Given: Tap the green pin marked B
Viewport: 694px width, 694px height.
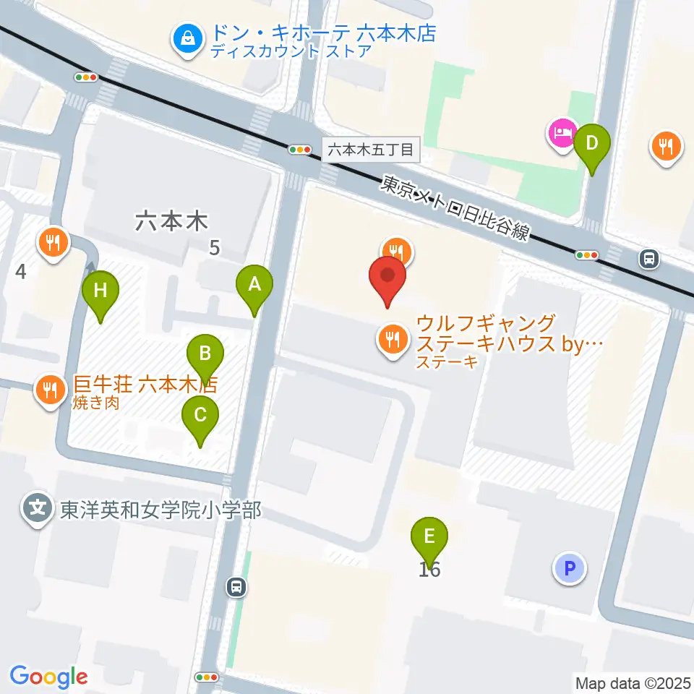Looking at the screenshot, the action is click(205, 354).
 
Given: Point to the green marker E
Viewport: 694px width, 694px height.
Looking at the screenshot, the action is click(429, 537).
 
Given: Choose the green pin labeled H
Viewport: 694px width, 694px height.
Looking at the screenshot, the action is click(100, 291).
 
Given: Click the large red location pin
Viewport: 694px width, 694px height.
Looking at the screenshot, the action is click(388, 277).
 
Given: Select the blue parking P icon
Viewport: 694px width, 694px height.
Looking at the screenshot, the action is click(569, 567).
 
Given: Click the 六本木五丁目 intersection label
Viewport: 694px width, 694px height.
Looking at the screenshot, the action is click(371, 150).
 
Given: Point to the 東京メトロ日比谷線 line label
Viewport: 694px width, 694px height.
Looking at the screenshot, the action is click(455, 210).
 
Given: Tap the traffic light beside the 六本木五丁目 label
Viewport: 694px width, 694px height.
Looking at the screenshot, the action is click(299, 150).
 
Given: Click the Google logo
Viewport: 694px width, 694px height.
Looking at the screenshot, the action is click(48, 677).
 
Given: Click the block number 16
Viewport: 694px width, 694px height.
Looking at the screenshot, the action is click(429, 570).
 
